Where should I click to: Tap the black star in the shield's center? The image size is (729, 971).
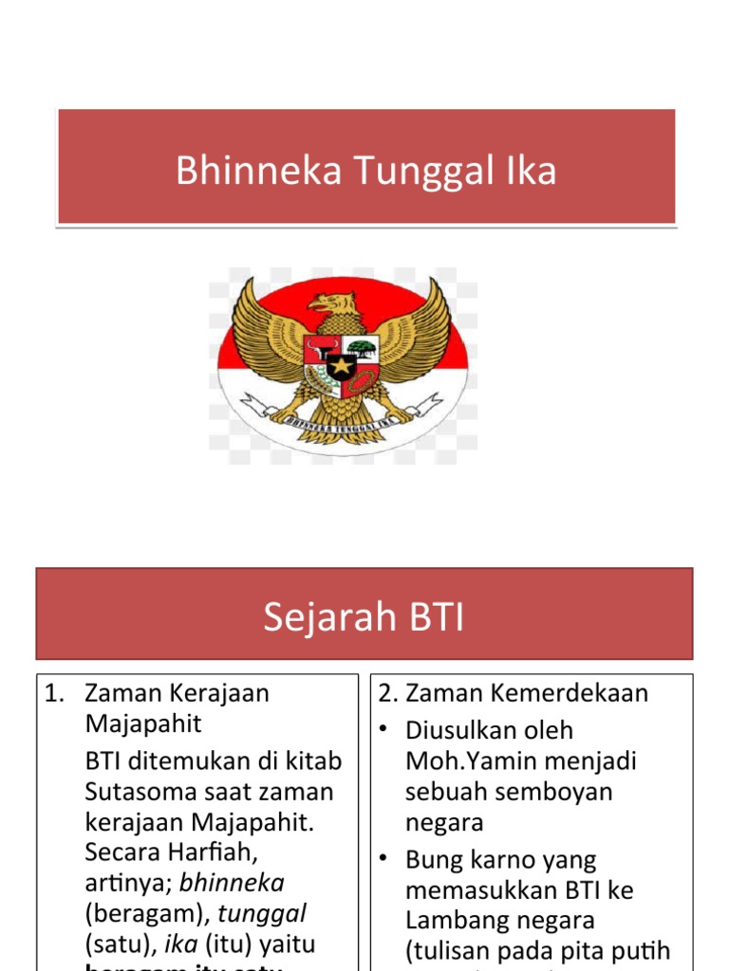(341, 365)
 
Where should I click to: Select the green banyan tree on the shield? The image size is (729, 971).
(361, 348)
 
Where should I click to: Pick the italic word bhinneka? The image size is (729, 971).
(232, 883)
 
